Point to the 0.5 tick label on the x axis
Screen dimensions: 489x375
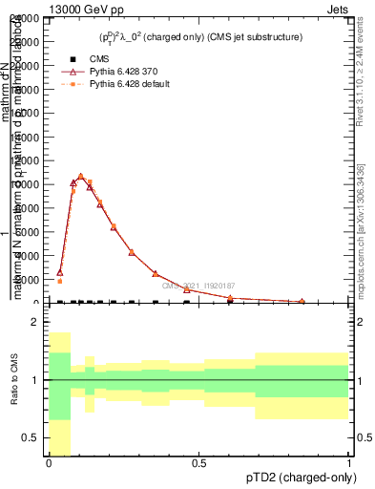[199, 463]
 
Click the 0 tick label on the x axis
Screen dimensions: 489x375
[49, 463]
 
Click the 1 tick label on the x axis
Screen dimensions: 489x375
[349, 463]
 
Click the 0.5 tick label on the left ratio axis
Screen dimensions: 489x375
[29, 437]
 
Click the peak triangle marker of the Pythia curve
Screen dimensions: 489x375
[81, 177]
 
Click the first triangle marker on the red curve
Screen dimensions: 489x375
[59, 272]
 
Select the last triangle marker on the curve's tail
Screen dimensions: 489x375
[302, 301]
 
